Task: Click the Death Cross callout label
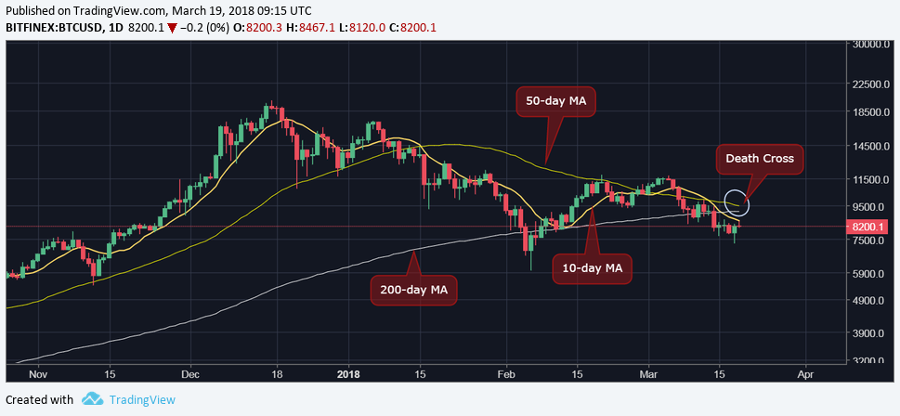point(761,159)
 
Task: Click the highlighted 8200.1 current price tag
point(869,226)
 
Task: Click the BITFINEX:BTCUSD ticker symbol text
point(58,28)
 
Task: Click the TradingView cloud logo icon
point(91,399)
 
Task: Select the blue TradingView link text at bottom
point(142,399)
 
